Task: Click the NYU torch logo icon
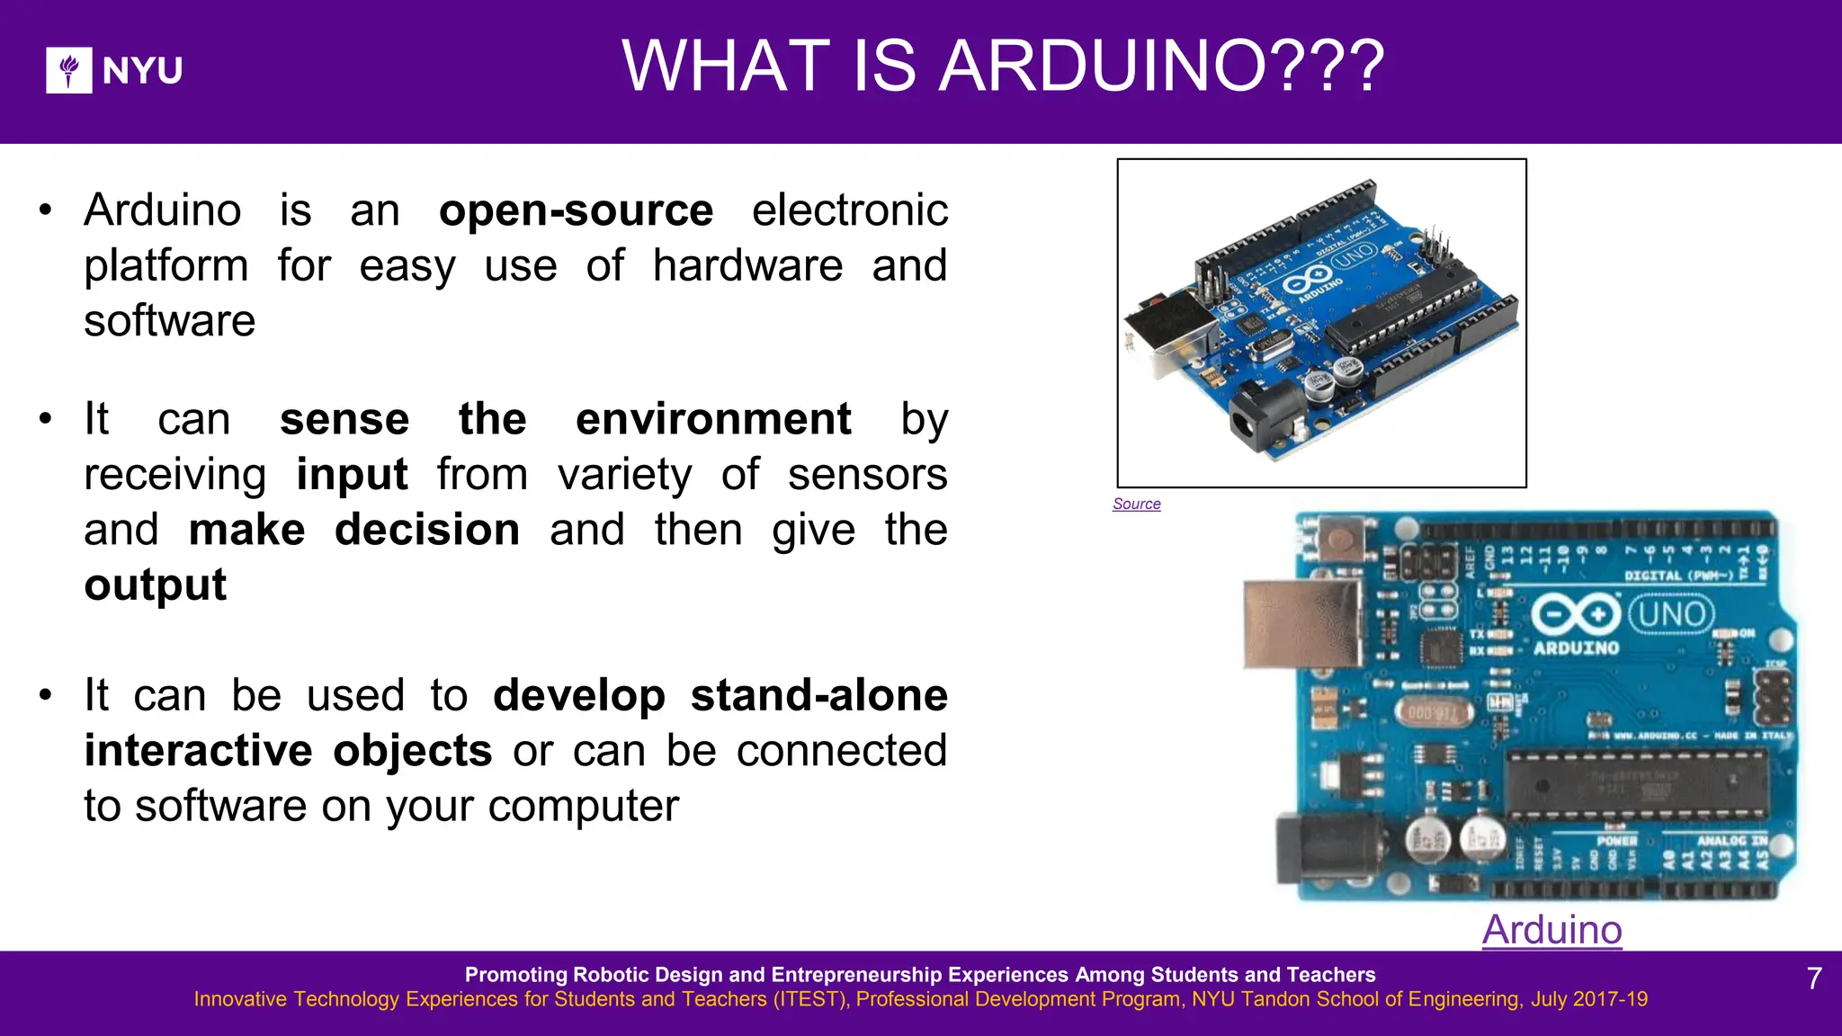[69, 70]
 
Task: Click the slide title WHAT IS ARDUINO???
[1003, 67]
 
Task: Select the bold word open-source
[576, 210]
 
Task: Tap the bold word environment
[713, 419]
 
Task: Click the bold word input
[352, 475]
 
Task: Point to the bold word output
[156, 585]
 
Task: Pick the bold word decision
[427, 530]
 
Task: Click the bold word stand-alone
[818, 695]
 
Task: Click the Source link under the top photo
[1136, 505]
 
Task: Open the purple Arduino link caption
[1551, 930]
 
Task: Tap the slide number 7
[1814, 978]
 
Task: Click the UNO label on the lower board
[1671, 615]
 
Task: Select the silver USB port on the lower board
[1301, 624]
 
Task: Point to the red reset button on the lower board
[1339, 540]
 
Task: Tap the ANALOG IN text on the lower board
[1731, 841]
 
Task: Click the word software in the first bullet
[170, 321]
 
